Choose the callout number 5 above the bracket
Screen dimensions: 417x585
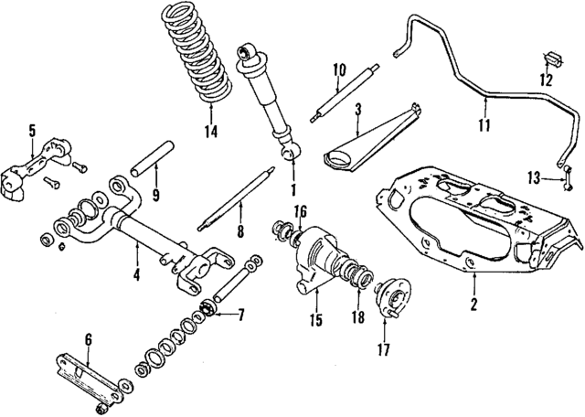coord(31,130)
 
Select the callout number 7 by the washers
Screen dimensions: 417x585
coord(241,316)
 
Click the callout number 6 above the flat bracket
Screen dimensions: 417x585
coord(89,340)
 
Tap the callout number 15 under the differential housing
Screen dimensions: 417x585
coord(315,320)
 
